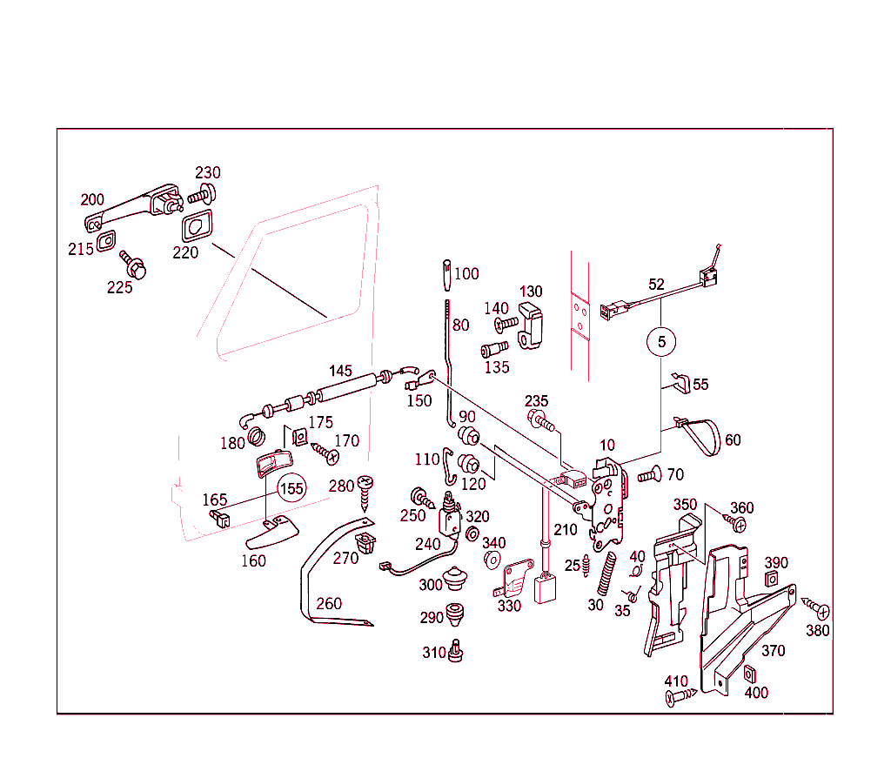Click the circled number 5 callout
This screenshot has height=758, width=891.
pos(661,342)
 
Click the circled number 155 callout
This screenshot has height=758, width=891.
pos(291,488)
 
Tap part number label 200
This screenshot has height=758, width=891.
pos(92,199)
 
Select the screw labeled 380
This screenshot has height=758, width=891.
pos(816,607)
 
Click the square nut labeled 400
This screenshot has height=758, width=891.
pos(750,673)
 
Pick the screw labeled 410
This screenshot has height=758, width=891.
pos(680,696)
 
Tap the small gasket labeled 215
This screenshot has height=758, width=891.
pos(106,240)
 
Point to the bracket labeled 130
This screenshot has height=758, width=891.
pos(530,325)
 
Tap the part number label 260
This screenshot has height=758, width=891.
pos(329,603)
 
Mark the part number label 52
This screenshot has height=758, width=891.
pos(656,285)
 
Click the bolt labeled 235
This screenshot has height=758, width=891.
pos(540,422)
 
